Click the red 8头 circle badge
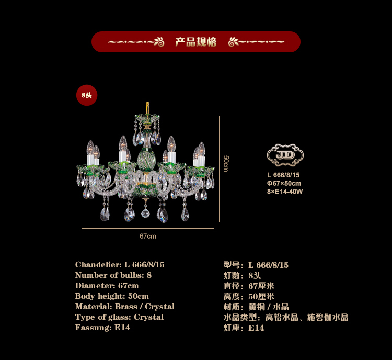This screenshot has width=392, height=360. [x=87, y=95]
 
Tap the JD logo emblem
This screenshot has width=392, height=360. [x=285, y=155]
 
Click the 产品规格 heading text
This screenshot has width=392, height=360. [x=196, y=42]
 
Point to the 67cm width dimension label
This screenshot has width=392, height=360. [x=148, y=236]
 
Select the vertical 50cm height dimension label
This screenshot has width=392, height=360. [x=226, y=163]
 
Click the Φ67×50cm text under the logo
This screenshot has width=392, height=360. [x=284, y=183]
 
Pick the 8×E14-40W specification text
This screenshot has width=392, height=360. [x=285, y=192]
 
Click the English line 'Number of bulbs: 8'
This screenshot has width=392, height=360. [x=113, y=275]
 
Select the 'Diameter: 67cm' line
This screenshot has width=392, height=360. [x=107, y=286]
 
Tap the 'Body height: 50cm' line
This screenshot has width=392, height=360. [x=112, y=296]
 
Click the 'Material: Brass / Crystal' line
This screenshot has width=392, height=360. [x=125, y=307]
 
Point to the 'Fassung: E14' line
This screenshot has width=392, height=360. [x=102, y=328]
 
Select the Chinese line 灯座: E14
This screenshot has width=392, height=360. [x=244, y=328]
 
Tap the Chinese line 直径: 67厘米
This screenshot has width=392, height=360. [x=249, y=286]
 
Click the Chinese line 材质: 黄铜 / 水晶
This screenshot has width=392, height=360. [x=256, y=307]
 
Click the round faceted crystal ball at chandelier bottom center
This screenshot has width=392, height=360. [x=145, y=213]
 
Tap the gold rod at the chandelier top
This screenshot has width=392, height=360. [x=147, y=108]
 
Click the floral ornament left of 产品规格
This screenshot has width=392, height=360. [x=159, y=42]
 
